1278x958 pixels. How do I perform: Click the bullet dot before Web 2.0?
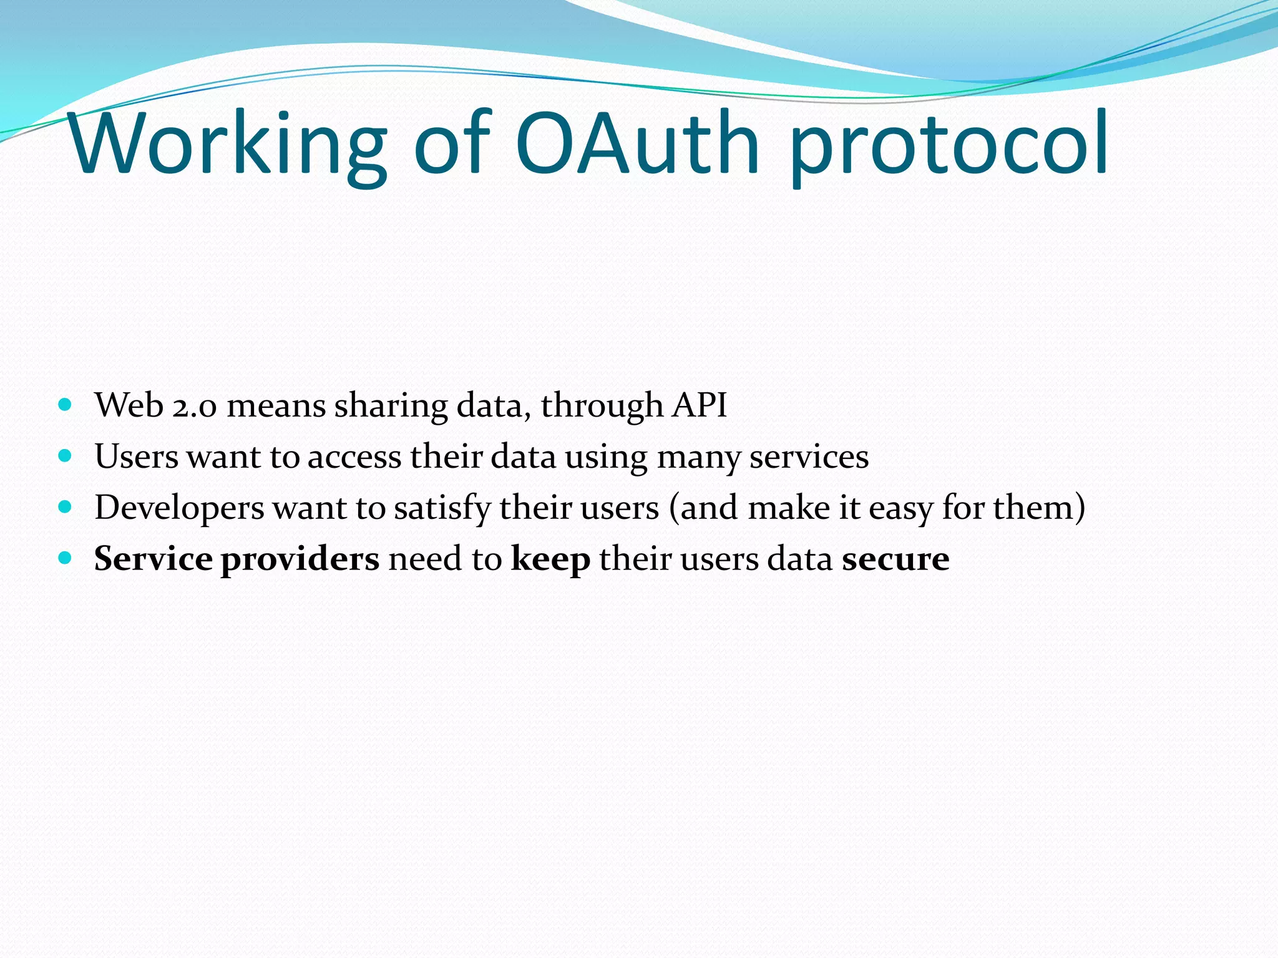pyautogui.click(x=65, y=404)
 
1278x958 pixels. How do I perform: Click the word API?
pyautogui.click(x=700, y=405)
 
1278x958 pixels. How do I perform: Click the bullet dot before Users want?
pyautogui.click(x=65, y=455)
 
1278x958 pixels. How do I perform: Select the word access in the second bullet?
pyautogui.click(x=354, y=457)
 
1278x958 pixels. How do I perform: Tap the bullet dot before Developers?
pyautogui.click(x=65, y=506)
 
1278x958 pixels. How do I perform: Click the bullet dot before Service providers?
pyautogui.click(x=65, y=557)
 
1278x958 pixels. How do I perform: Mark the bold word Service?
pyautogui.click(x=153, y=558)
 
